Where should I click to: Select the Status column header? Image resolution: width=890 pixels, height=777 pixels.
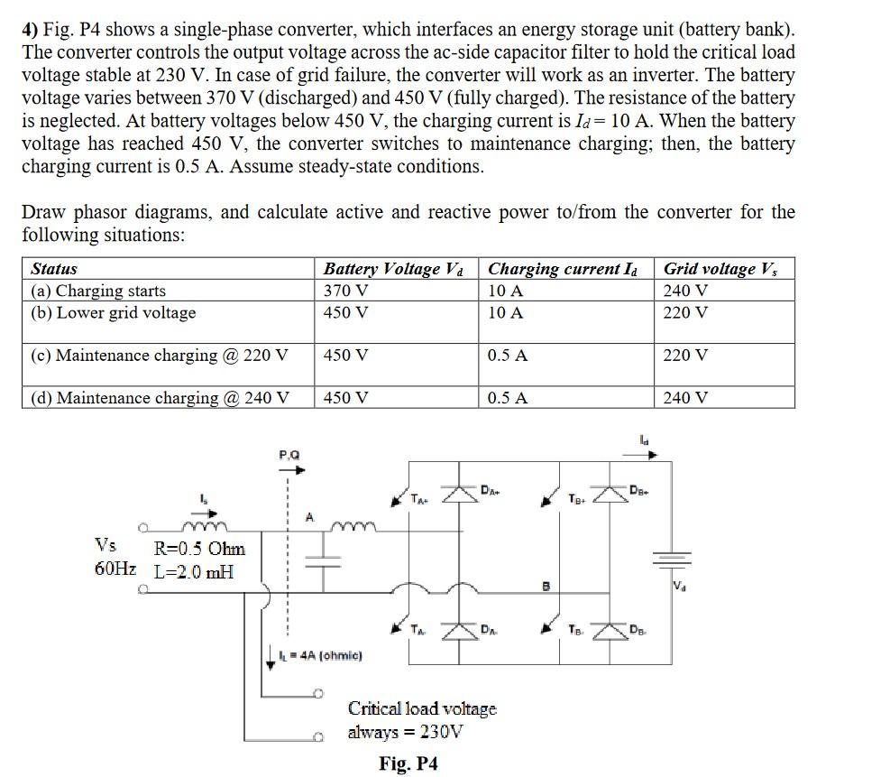(x=54, y=269)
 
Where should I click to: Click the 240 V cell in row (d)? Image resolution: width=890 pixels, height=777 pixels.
(x=685, y=398)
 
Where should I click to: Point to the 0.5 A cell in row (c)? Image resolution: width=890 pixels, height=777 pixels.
(x=508, y=356)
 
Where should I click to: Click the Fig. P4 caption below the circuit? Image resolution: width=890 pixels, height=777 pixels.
(x=408, y=763)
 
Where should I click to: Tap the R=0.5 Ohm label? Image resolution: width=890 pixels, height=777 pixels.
(x=199, y=549)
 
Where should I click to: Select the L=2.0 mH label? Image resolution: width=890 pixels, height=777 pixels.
(x=194, y=571)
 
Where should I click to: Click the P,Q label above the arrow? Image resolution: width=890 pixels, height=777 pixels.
(x=289, y=456)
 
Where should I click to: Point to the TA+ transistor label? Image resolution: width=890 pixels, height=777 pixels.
(x=419, y=497)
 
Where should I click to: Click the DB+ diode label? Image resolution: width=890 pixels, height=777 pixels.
(x=639, y=492)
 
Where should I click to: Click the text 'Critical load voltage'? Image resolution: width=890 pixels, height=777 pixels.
(x=422, y=708)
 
